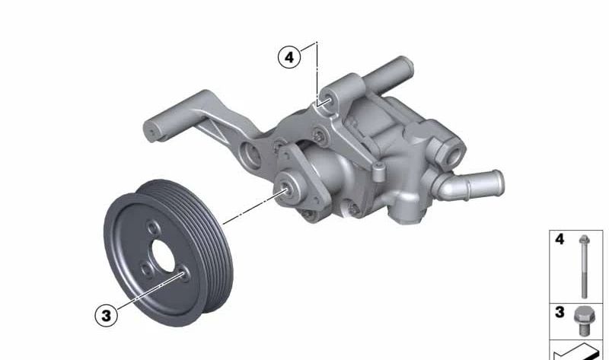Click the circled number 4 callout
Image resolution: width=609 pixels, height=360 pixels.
(289, 57)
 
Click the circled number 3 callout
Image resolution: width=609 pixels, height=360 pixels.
(106, 315)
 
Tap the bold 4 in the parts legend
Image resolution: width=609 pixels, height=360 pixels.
(560, 239)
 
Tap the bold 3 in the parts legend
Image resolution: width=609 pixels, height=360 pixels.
(560, 312)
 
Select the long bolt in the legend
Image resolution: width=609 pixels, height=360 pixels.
(584, 266)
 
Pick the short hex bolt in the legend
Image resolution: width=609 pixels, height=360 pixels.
(584, 320)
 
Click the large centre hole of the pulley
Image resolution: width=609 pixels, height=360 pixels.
(164, 256)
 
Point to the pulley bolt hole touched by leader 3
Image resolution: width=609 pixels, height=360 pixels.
(184, 273)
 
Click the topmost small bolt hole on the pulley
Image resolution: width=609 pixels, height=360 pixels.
(153, 228)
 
